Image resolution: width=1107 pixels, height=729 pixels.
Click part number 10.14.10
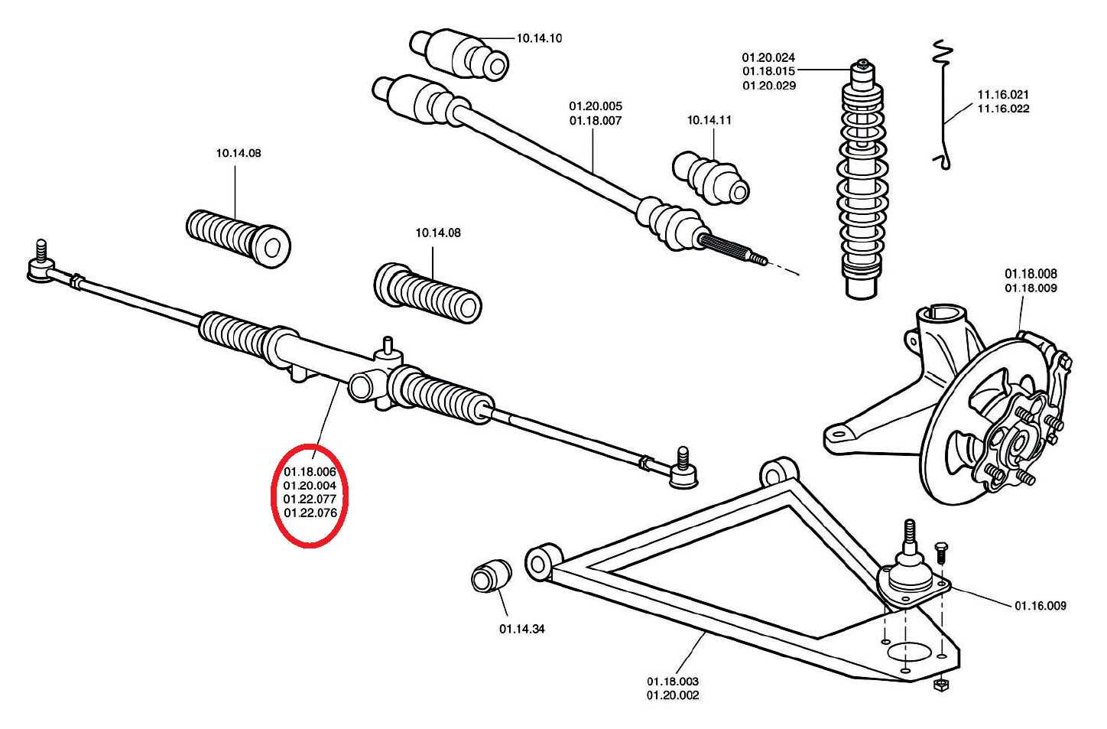coord(539,38)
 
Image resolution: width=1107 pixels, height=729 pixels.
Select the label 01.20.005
coord(596,106)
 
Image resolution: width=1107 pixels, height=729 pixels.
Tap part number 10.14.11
coord(709,120)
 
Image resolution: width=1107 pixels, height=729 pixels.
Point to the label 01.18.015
coord(768,71)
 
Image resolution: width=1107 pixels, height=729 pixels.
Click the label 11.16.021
coord(1003,95)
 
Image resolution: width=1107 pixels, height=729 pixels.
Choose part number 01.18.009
coord(1031,288)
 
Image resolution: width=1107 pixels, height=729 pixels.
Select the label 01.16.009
coord(1040,606)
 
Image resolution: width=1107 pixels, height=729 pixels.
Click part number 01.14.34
coord(522,629)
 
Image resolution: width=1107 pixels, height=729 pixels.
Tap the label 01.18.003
coord(673,681)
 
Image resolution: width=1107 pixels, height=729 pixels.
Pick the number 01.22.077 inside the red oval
coord(310,499)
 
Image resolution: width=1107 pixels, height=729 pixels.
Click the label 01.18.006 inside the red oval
coord(310,471)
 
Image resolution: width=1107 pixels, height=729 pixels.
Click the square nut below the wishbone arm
coord(942,685)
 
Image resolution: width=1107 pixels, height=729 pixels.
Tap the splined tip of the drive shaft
coord(734,250)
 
